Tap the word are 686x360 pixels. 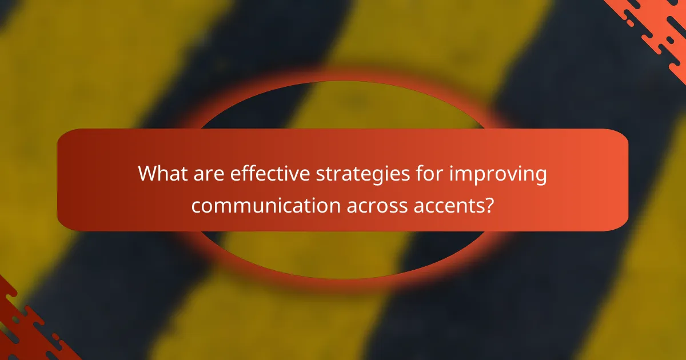pos(209,173)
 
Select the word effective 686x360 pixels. pos(264,173)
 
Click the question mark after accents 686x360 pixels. pos(489,205)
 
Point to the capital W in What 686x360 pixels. pos(148,173)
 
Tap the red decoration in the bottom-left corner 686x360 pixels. pos(23,331)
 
